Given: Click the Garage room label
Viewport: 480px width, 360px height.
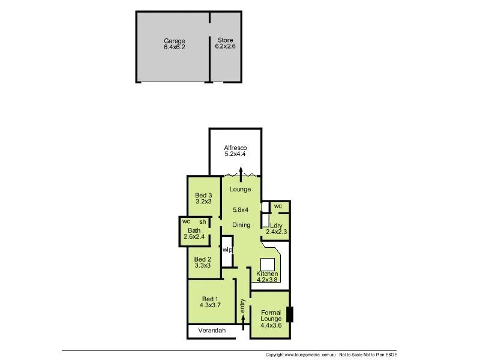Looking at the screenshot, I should coord(174,41).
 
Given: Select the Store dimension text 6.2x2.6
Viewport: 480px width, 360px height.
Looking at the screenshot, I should coord(225,47).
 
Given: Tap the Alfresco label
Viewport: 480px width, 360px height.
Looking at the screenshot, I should coord(235,148).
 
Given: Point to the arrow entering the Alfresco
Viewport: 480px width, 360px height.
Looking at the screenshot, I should coord(241,173).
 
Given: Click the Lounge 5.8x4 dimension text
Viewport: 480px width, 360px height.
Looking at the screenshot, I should coord(241,210).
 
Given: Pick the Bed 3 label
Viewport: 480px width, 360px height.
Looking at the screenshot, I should coord(203,196).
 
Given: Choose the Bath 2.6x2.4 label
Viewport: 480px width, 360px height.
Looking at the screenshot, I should coord(194,233).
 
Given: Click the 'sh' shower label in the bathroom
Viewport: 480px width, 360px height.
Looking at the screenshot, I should coord(202,222).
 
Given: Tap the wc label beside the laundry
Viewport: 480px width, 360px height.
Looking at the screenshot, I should coord(278,206).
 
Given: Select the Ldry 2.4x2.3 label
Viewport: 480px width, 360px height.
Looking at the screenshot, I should coord(275,229).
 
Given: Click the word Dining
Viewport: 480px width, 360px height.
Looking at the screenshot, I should coord(241,225).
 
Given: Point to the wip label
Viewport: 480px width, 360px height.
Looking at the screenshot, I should coord(227,250).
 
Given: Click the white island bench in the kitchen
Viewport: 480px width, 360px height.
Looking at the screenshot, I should coord(267,265).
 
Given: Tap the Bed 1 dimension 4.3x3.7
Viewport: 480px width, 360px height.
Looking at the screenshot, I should coord(211,305).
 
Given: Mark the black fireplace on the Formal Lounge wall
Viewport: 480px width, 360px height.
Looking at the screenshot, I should coord(290,314).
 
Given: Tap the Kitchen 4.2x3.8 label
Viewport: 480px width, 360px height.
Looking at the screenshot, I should coord(267,277).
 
